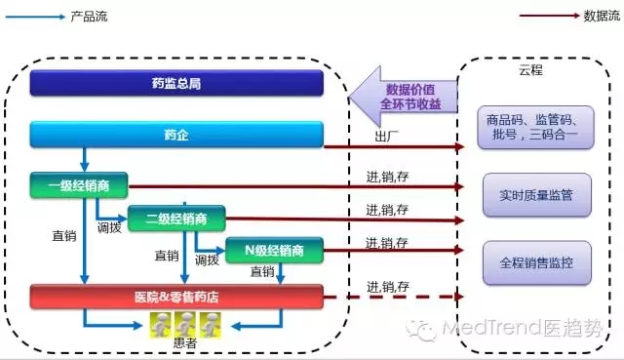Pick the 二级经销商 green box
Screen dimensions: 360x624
pyautogui.click(x=175, y=218)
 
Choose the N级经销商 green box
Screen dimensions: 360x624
pyautogui.click(x=275, y=250)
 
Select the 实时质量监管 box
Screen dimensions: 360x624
pyautogui.click(x=535, y=195)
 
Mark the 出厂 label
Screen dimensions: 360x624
pyautogui.click(x=386, y=136)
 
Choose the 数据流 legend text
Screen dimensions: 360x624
pyautogui.click(x=597, y=17)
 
